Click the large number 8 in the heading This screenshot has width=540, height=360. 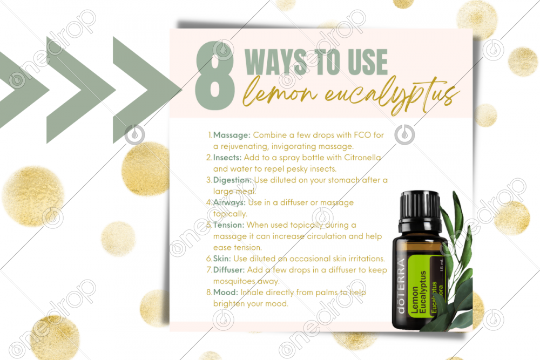[x=215, y=76]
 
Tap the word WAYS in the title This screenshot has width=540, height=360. [x=275, y=62]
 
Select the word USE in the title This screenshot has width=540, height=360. [x=367, y=62]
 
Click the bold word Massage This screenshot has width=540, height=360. [x=232, y=135]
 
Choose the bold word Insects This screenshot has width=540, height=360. [x=227, y=158]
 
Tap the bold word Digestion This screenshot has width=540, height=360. [x=232, y=180]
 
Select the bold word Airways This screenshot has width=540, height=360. [x=230, y=203]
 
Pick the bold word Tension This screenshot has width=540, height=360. [x=228, y=225]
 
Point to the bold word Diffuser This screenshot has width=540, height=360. [x=229, y=270]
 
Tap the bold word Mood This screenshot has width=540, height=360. [x=226, y=293]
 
